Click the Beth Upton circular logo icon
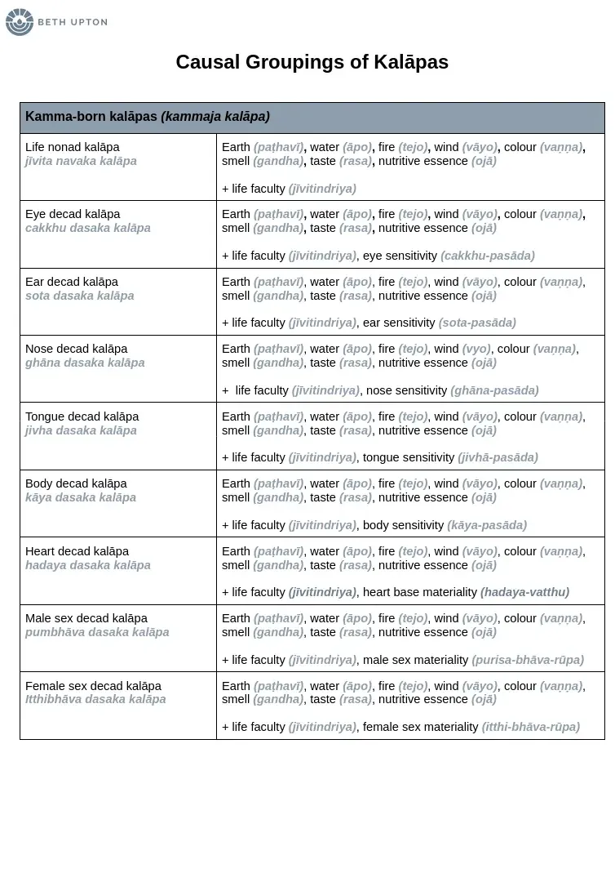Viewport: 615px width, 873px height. coord(20,22)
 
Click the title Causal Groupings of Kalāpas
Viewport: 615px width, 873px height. coord(312,62)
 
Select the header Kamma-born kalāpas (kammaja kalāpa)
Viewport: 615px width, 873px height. coord(148,117)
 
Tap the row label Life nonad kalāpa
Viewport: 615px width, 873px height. coord(73,147)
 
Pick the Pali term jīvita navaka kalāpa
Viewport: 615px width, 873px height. coord(81,161)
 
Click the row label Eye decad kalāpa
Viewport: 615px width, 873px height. coord(73,214)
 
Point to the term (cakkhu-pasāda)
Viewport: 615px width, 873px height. coord(488,256)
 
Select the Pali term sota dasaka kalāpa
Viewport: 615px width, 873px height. coord(80,296)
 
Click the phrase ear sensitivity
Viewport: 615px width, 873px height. coord(399,323)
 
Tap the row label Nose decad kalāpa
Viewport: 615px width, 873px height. coord(77,349)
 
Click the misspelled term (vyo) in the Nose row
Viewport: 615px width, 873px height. coord(476,349)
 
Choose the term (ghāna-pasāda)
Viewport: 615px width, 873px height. coord(494,390)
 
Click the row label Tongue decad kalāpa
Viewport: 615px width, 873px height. coord(82,416)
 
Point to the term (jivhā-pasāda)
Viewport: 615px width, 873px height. coord(498,457)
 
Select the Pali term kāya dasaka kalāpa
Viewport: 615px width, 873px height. coord(81,497)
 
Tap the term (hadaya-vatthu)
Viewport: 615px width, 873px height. coord(524,592)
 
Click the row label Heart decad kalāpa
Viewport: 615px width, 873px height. coord(77,551)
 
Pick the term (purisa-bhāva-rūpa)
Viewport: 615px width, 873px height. coord(528,660)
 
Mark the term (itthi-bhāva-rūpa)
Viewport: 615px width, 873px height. coord(530,727)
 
